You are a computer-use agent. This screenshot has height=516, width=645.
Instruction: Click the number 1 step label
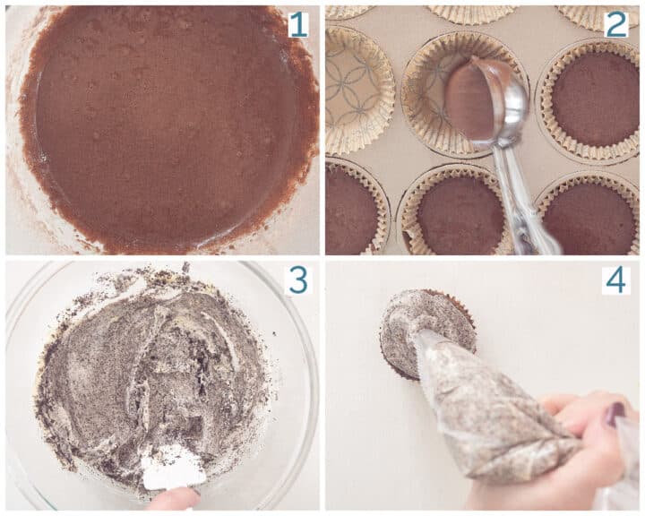coord(297,24)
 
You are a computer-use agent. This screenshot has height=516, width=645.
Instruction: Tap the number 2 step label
coord(616,24)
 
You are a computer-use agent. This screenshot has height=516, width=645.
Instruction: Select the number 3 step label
coord(298,279)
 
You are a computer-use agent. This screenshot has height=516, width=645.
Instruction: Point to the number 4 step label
coord(615,279)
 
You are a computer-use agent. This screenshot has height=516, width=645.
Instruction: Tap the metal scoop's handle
coord(520,197)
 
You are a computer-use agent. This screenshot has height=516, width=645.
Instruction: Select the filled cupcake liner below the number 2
coord(592,101)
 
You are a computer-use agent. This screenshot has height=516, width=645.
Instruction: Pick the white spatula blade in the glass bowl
coord(173,467)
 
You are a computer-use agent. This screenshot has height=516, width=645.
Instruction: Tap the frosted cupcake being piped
coord(428,333)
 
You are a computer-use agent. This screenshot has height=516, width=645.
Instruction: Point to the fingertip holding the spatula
coord(175,499)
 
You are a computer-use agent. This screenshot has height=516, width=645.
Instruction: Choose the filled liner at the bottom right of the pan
coord(589,215)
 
